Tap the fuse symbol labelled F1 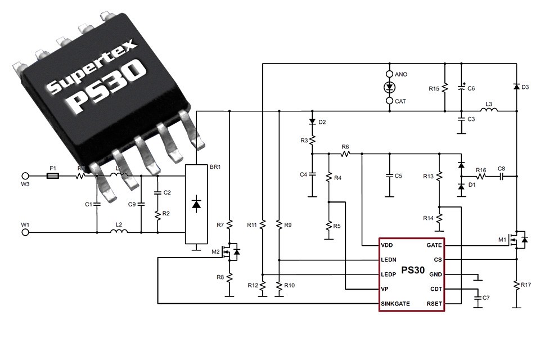[53, 176]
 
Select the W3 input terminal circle [25, 176]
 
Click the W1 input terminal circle [25, 231]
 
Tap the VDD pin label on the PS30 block [388, 245]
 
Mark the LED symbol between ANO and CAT [389, 87]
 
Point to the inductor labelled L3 [489, 111]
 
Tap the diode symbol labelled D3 [517, 87]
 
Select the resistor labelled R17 [517, 286]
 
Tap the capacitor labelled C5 [389, 176]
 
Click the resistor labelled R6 [345, 153]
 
